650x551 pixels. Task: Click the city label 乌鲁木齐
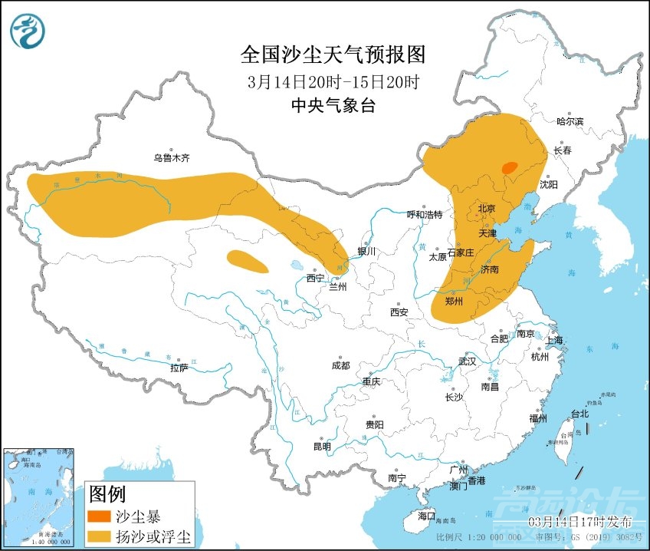tap(170, 158)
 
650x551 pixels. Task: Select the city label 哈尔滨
tap(570, 121)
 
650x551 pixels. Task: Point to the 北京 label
tap(487, 208)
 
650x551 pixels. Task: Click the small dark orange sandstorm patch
tap(509, 167)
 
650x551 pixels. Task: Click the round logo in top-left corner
tap(28, 31)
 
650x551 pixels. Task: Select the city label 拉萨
tap(179, 368)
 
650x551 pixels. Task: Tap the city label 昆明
tap(322, 447)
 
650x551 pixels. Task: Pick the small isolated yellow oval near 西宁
tap(248, 262)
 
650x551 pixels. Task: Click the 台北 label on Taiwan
tap(579, 414)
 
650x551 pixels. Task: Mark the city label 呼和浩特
tap(424, 215)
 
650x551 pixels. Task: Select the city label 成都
tap(341, 366)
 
